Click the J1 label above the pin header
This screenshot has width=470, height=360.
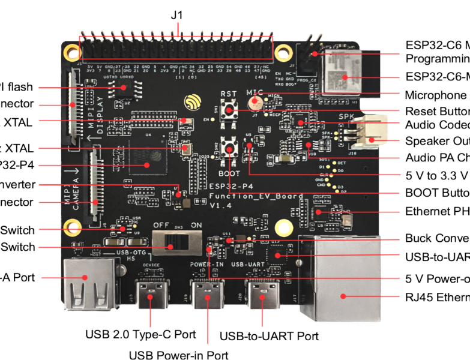click(x=175, y=16)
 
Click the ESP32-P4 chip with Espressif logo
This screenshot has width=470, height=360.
click(x=145, y=160)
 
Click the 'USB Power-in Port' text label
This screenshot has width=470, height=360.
click(x=179, y=355)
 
